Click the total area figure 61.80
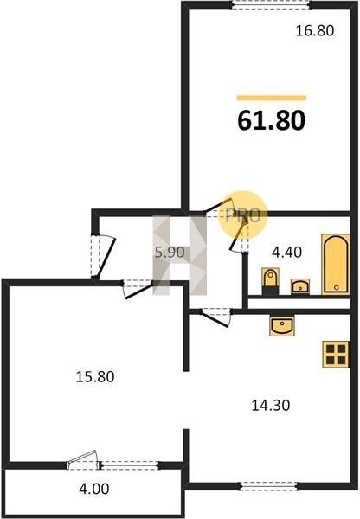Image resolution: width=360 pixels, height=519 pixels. pyautogui.click(x=271, y=120)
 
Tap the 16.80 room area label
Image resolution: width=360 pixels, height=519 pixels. pyautogui.click(x=315, y=31)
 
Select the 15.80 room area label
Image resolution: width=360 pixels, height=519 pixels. pyautogui.click(x=95, y=376)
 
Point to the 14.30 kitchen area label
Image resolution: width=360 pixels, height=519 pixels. pyautogui.click(x=271, y=405)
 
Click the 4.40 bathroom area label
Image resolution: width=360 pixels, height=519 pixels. pyautogui.click(x=286, y=253)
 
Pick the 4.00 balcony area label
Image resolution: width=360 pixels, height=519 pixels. pyautogui.click(x=94, y=489)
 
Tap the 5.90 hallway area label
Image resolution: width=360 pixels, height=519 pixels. pyautogui.click(x=170, y=253)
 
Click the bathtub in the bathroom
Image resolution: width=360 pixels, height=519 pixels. pyautogui.click(x=336, y=264)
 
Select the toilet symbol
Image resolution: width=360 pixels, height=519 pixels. pyautogui.click(x=270, y=281)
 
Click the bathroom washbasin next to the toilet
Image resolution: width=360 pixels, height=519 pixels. pyautogui.click(x=300, y=286)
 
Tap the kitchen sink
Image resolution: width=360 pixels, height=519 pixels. pyautogui.click(x=282, y=326)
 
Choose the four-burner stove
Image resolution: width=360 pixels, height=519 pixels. pyautogui.click(x=336, y=355)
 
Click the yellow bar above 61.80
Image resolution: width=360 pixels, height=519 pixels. pyautogui.click(x=271, y=98)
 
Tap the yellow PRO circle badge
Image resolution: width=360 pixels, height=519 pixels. pyautogui.click(x=243, y=215)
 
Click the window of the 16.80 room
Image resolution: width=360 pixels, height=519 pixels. pyautogui.click(x=270, y=4)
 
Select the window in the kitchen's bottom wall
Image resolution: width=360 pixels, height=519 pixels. pyautogui.click(x=268, y=486)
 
